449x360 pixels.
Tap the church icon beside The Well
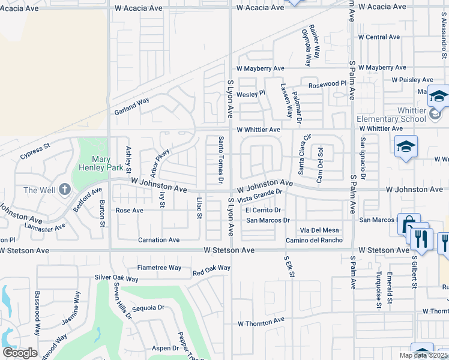coord(65,190)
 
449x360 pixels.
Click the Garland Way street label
coord(131,107)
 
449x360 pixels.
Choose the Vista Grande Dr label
coord(260,196)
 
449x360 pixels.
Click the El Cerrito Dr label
coord(263,211)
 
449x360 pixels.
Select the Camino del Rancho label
coord(314,240)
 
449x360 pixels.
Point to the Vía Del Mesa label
coord(320,230)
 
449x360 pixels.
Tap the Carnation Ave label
coord(158,240)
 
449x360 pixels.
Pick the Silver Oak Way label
coord(116,278)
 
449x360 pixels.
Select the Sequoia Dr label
coord(148,308)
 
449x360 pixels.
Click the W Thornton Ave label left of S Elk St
coord(261,322)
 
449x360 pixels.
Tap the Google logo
coord(20,353)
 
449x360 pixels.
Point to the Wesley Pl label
coord(250,94)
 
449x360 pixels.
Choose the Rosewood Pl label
coord(328,85)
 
